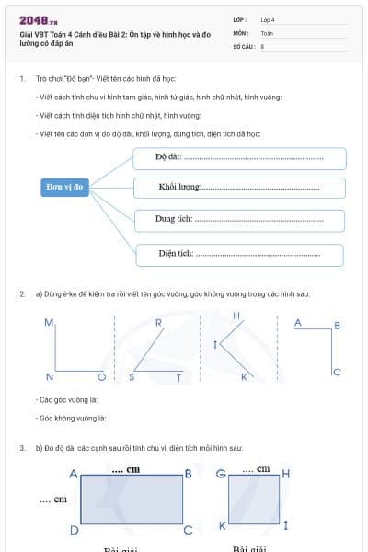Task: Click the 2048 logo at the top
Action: click(x=38, y=19)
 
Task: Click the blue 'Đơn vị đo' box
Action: click(x=65, y=187)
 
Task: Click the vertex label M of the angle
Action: click(x=49, y=323)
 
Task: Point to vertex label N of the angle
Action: click(x=50, y=377)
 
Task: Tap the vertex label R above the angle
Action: click(x=158, y=323)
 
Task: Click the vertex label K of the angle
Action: click(x=244, y=377)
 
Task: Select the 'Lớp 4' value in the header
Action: click(x=268, y=19)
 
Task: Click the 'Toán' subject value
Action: click(x=267, y=32)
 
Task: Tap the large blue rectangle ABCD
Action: click(x=132, y=500)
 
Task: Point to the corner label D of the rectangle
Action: click(x=74, y=531)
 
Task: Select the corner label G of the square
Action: click(x=220, y=474)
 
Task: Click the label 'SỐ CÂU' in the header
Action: click(x=243, y=45)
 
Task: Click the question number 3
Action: click(x=21, y=448)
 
